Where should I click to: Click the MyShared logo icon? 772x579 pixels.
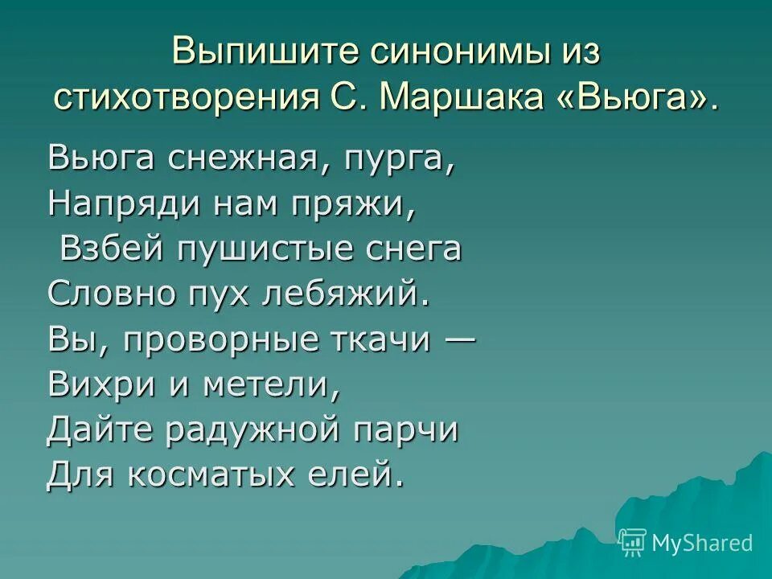pyautogui.click(x=633, y=542)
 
